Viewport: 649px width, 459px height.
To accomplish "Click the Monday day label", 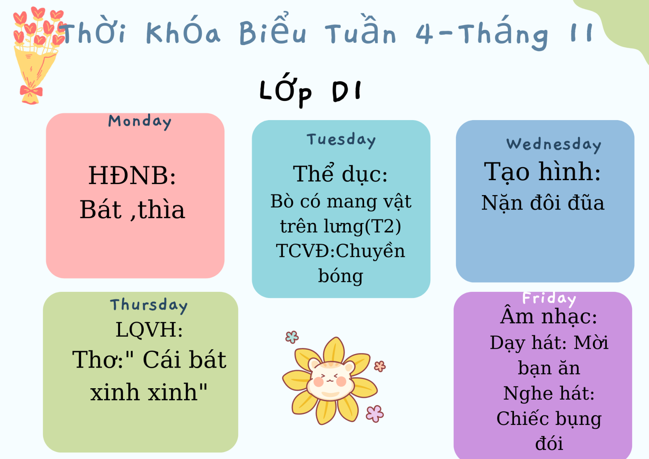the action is [x=140, y=122].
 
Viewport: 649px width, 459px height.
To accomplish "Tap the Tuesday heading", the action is [x=341, y=140].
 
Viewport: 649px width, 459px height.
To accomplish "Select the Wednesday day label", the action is [x=554, y=145].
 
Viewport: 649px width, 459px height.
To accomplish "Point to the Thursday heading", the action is [x=149, y=305].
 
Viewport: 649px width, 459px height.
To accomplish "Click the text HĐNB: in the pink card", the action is [x=132, y=176].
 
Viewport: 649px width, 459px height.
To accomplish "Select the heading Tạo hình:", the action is [x=542, y=172].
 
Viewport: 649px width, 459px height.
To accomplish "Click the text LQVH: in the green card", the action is [x=149, y=330].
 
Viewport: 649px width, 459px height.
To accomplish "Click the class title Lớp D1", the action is [x=311, y=90].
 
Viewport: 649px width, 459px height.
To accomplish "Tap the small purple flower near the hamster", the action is [x=375, y=414].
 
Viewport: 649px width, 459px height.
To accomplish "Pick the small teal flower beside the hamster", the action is [x=292, y=337].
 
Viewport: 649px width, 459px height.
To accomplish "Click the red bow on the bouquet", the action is [x=31, y=91].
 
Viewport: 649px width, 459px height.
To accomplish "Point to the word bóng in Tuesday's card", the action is [x=340, y=276].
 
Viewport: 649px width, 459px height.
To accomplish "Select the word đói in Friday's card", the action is [x=549, y=443].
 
